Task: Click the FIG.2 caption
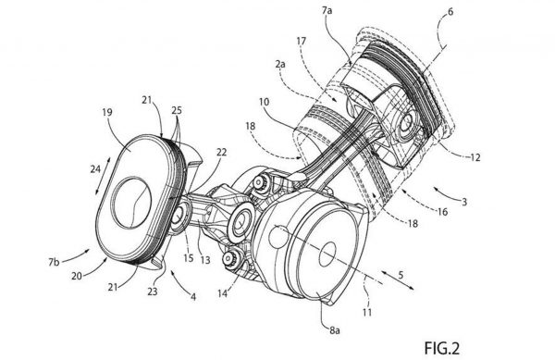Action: (x=442, y=348)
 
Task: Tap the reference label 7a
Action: (x=327, y=11)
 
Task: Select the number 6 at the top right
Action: (x=450, y=11)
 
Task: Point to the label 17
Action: (x=301, y=42)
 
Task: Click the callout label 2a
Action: (x=280, y=64)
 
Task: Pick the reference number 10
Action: (x=264, y=103)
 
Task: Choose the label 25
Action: (x=177, y=110)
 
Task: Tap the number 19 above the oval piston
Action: (x=107, y=112)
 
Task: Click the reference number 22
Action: (x=221, y=152)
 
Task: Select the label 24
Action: (x=95, y=169)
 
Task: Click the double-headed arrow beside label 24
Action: (x=103, y=175)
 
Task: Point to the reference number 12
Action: (x=475, y=156)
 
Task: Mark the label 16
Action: (x=442, y=212)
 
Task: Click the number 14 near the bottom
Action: (x=222, y=293)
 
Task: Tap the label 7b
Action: (x=55, y=262)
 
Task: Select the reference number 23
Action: (x=153, y=291)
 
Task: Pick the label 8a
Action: (x=335, y=330)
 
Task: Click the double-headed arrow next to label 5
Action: (x=398, y=280)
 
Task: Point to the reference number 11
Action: (x=367, y=312)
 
